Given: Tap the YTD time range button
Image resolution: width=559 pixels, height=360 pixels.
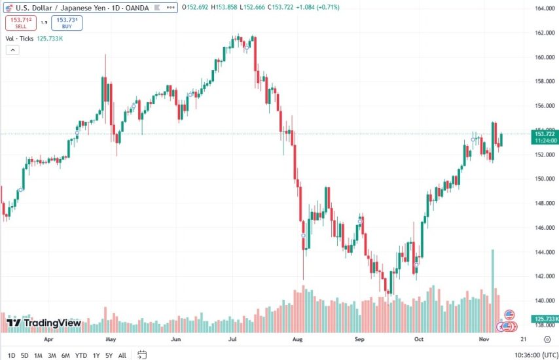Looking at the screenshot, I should [x=81, y=355].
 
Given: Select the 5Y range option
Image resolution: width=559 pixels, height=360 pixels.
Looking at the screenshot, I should [x=108, y=355].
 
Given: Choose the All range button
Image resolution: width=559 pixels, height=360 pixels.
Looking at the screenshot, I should [x=122, y=355].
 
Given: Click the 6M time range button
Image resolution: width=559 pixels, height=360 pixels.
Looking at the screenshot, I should [x=65, y=355].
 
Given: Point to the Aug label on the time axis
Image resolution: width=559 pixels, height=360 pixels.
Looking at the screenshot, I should [x=298, y=340].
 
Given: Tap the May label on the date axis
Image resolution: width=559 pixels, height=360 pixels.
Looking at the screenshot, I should [x=111, y=340].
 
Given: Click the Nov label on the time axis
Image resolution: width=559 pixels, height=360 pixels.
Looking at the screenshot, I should [x=483, y=340].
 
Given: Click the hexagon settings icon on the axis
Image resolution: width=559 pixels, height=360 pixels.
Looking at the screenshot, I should [x=547, y=340].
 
